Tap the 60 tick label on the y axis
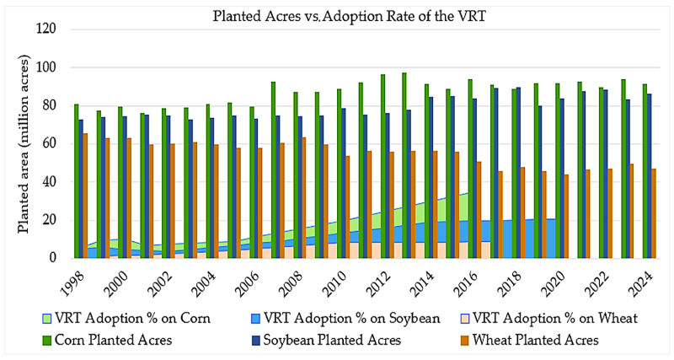click(49, 143)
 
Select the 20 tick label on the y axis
click(49, 220)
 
